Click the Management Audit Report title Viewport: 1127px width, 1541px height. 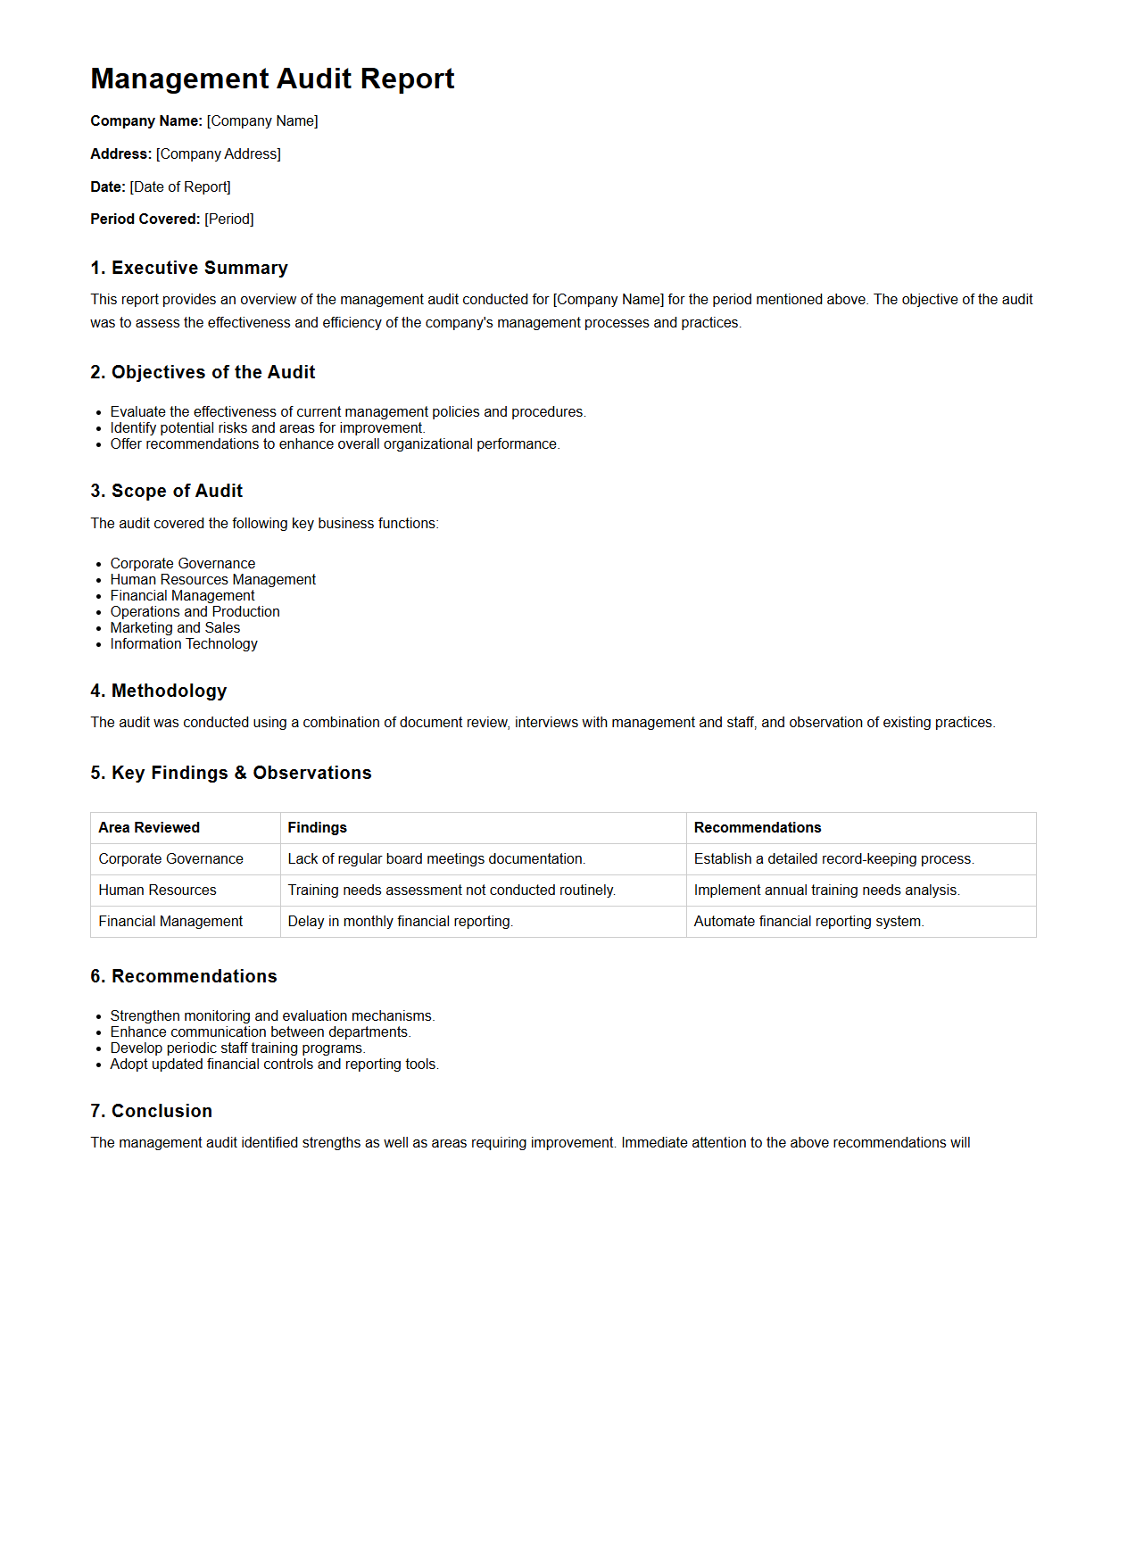pos(272,79)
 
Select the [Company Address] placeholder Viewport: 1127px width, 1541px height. pos(219,153)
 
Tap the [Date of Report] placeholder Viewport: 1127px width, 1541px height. pos(180,186)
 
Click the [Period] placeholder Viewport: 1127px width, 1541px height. pos(229,219)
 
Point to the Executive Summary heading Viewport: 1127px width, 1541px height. pos(189,268)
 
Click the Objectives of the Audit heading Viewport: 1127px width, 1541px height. pos(203,372)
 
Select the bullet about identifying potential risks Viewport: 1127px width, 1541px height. pos(268,427)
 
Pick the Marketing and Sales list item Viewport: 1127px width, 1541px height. pos(175,627)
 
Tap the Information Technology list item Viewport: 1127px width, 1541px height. pos(184,643)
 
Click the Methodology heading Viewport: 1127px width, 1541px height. pos(159,691)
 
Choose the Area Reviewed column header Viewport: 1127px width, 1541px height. pos(149,827)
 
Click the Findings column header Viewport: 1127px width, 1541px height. pos(317,827)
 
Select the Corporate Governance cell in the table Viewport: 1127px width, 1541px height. pos(170,858)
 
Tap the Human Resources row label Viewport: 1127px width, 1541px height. pos(157,890)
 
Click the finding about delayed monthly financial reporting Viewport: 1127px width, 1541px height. pos(400,921)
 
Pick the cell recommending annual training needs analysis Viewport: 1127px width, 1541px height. pos(826,890)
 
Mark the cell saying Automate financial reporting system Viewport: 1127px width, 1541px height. pos(808,921)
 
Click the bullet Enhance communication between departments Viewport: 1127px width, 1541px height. pos(261,1031)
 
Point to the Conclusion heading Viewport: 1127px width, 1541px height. pos(152,1111)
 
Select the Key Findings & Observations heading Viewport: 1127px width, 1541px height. pos(231,773)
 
